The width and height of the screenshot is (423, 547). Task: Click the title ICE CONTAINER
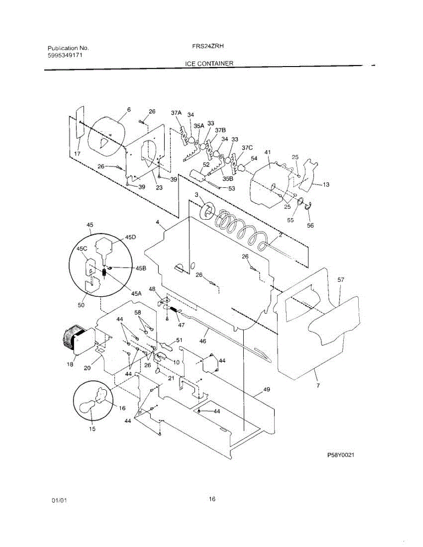(x=209, y=63)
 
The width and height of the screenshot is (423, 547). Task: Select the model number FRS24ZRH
(x=208, y=46)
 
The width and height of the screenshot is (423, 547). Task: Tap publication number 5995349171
(x=65, y=55)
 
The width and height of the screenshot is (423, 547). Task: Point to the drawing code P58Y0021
(x=341, y=455)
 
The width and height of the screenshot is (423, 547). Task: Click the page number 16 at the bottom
(x=212, y=499)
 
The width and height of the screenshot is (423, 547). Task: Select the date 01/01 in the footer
(x=60, y=501)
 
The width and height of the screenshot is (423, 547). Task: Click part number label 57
(x=341, y=280)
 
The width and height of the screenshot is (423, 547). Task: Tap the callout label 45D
(x=131, y=237)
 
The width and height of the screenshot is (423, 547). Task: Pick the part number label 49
(x=266, y=390)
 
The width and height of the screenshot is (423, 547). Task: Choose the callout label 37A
(x=176, y=112)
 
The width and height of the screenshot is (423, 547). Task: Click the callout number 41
(x=268, y=152)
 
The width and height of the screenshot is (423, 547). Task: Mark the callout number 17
(x=77, y=154)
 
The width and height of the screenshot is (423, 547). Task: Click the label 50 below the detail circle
(x=81, y=305)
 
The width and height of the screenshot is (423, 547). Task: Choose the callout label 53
(x=232, y=188)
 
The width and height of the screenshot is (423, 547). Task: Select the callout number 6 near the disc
(x=129, y=109)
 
